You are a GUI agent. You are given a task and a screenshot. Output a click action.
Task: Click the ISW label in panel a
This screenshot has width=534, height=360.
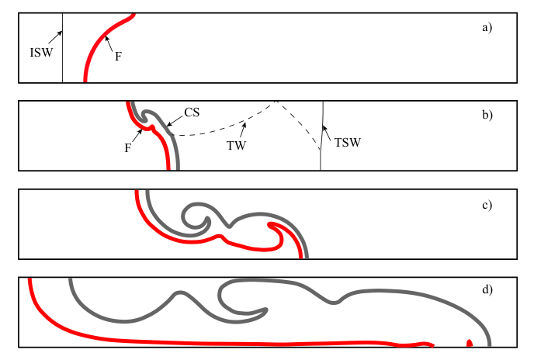point(42,53)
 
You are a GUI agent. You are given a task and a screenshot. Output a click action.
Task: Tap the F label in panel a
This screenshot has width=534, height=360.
point(118,56)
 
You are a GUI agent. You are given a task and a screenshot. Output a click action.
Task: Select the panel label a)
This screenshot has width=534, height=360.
point(487,27)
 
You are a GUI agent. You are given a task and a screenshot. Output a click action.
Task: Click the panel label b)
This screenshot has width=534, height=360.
point(487,115)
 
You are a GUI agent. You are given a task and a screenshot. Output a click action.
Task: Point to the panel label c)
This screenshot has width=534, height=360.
point(487,205)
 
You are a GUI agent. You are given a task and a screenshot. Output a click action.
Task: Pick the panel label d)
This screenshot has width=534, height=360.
point(487,289)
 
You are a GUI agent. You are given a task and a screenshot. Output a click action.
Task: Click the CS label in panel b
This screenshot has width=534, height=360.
point(192,112)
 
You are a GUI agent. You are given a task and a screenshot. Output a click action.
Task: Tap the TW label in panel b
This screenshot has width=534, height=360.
point(237,145)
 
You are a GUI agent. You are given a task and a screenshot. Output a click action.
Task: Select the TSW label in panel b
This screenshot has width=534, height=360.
point(348,142)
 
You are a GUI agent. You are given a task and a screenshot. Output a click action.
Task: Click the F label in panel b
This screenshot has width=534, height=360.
point(128,148)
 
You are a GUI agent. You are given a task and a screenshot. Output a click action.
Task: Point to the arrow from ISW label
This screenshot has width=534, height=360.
point(55,37)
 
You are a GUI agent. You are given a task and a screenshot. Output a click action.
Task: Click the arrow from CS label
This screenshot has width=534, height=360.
point(175,120)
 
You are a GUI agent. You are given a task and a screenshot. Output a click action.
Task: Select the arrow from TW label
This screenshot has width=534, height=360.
point(243,130)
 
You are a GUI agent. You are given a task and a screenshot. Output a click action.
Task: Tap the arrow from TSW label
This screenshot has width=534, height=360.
point(327,133)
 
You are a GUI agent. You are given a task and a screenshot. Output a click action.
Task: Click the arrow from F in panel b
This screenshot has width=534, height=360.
point(137,136)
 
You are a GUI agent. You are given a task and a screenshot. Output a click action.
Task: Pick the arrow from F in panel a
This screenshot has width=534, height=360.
point(109,44)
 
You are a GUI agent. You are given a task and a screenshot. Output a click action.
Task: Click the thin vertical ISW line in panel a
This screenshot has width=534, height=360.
point(62,47)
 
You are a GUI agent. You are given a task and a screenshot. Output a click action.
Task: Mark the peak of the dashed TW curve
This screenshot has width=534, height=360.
point(276,102)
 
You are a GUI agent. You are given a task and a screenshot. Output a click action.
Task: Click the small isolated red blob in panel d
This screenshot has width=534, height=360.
point(470,343)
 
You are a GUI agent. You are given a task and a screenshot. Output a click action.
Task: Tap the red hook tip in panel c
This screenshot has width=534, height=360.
point(269,225)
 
